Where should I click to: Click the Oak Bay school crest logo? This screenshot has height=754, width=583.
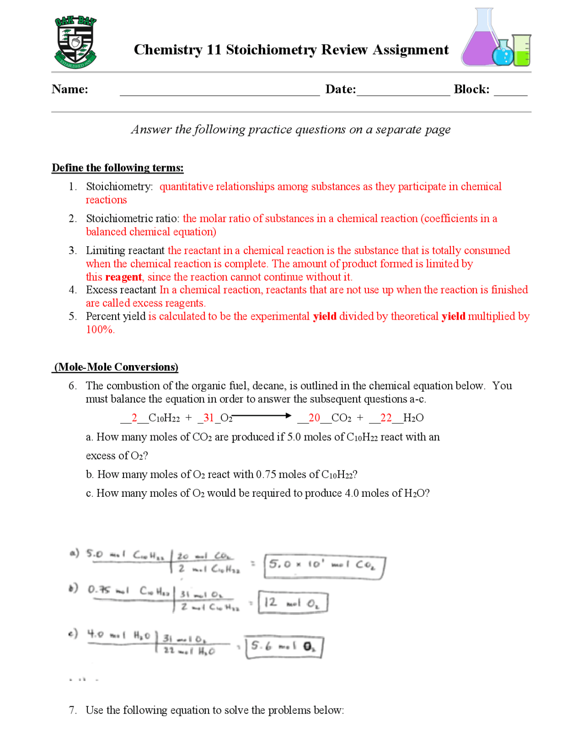[x=76, y=42]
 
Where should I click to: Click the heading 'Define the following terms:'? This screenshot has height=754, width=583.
[x=118, y=168]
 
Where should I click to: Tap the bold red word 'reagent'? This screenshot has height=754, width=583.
[x=123, y=277]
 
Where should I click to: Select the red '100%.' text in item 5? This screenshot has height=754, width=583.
[x=100, y=329]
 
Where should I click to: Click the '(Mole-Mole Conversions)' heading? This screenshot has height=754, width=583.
[x=116, y=367]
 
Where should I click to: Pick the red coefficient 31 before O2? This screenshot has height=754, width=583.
[x=209, y=418]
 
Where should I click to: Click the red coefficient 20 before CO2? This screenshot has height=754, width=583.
[x=314, y=418]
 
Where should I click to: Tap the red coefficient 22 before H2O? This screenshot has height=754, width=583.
[x=386, y=418]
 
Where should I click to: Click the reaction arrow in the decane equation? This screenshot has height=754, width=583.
[x=262, y=415]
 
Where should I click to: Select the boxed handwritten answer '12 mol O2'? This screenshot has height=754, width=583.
[x=293, y=602]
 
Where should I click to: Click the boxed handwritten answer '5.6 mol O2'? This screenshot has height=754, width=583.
[x=284, y=647]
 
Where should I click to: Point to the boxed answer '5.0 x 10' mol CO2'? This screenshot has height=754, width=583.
[x=324, y=566]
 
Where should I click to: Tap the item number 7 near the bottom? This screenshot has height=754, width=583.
[x=72, y=710]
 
